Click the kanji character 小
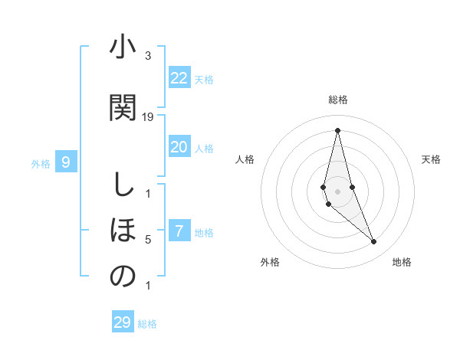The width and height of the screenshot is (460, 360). click(x=123, y=48)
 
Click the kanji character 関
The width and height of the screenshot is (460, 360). click(x=123, y=107)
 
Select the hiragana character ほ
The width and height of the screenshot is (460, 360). click(x=123, y=230)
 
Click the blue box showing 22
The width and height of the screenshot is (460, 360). click(x=179, y=78)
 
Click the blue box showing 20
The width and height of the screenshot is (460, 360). click(x=179, y=147)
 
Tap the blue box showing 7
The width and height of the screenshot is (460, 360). click(x=179, y=231)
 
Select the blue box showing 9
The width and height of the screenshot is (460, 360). click(x=66, y=162)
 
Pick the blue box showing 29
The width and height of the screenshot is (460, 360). click(x=123, y=322)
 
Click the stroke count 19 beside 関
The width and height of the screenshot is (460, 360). click(x=148, y=116)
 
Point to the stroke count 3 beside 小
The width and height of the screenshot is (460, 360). click(x=148, y=55)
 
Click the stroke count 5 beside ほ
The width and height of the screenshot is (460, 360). click(x=148, y=240)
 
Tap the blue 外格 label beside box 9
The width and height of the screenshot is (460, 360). click(x=41, y=163)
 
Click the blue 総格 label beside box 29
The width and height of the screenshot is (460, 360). click(x=147, y=324)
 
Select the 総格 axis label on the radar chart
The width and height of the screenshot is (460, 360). click(x=337, y=100)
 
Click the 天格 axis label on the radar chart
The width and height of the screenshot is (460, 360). click(x=431, y=159)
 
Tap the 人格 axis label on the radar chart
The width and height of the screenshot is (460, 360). click(x=245, y=159)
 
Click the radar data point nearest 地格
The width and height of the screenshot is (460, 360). click(x=374, y=242)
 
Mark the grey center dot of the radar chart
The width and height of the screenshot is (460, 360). click(x=337, y=191)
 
